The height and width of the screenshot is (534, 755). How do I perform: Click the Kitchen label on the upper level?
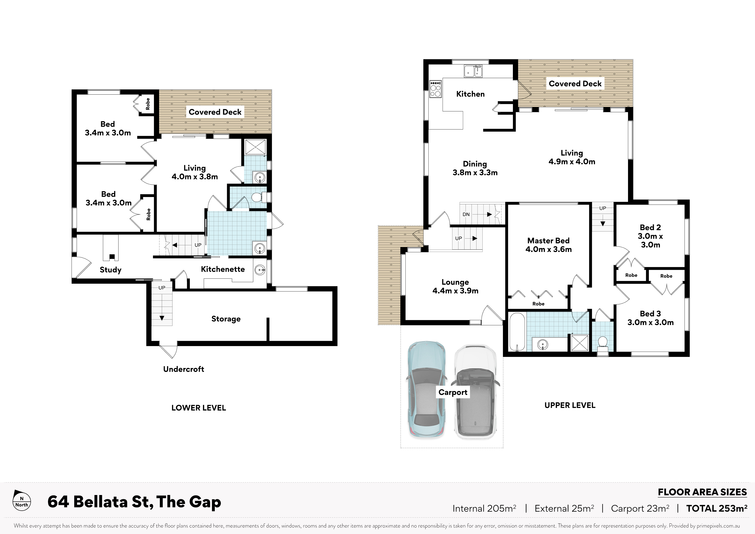[x=470, y=94]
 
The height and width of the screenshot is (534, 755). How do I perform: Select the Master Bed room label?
[x=548, y=245]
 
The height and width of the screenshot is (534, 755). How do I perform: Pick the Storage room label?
[x=226, y=319]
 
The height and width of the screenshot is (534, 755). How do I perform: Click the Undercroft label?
[x=184, y=369]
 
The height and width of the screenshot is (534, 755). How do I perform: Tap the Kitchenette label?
[x=223, y=269]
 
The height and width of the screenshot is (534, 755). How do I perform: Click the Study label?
[x=110, y=270]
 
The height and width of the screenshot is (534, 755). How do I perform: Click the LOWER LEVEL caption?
[x=199, y=408]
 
